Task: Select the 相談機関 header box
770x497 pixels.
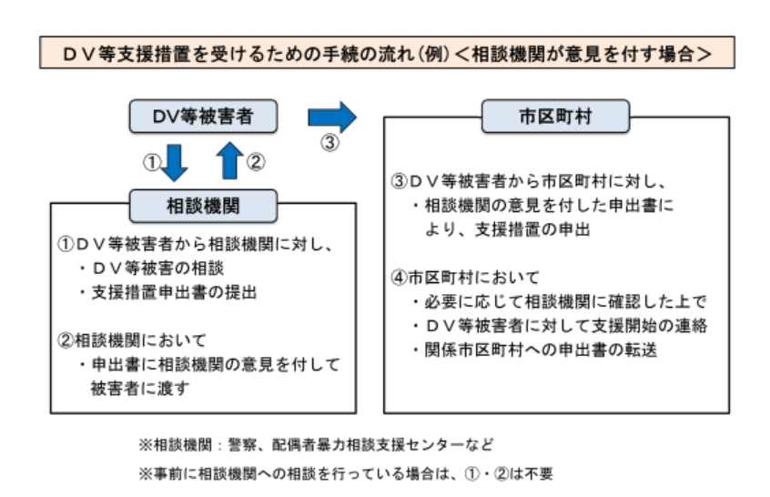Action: (x=201, y=206)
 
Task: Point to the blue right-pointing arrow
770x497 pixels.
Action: (x=332, y=117)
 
